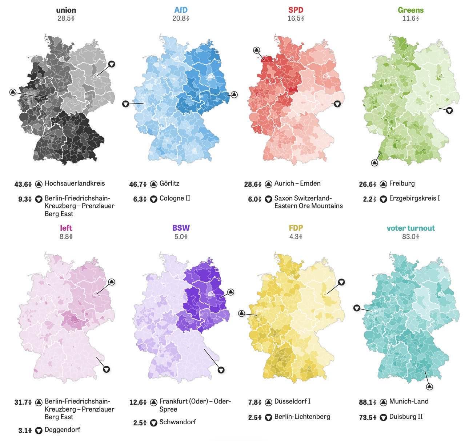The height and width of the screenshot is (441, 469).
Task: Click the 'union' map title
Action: tap(66, 10)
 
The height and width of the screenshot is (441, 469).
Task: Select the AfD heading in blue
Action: tap(181, 10)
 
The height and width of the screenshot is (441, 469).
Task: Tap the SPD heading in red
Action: tap(296, 10)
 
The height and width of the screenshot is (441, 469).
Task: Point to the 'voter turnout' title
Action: tap(410, 228)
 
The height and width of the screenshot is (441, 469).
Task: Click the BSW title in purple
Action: tap(181, 228)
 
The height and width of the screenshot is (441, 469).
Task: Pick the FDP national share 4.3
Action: tap(296, 236)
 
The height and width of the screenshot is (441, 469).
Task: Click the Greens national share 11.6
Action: tap(410, 19)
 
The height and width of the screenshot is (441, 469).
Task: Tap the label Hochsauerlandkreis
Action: tap(75, 183)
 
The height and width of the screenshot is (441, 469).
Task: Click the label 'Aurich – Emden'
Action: tap(297, 183)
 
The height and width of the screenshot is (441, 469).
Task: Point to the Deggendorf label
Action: tap(62, 430)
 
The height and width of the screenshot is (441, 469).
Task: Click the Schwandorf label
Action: tap(177, 422)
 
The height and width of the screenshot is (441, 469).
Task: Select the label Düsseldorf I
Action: tap(292, 401)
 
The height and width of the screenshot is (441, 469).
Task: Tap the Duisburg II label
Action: tap(406, 417)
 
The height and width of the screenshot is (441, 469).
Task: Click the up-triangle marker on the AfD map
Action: tap(234, 95)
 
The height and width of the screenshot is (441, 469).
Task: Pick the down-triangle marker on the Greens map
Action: tap(449, 110)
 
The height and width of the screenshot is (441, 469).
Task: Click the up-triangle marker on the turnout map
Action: tap(429, 387)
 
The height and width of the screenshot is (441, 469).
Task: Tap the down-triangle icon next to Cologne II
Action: tap(153, 199)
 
